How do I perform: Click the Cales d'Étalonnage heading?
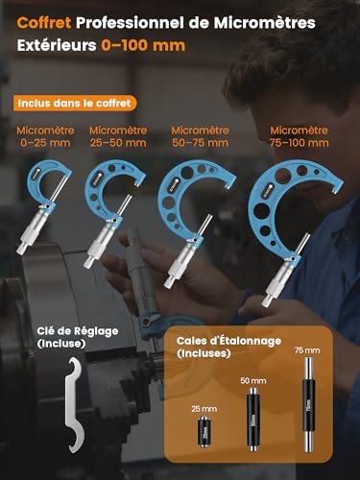coord(219,347)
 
